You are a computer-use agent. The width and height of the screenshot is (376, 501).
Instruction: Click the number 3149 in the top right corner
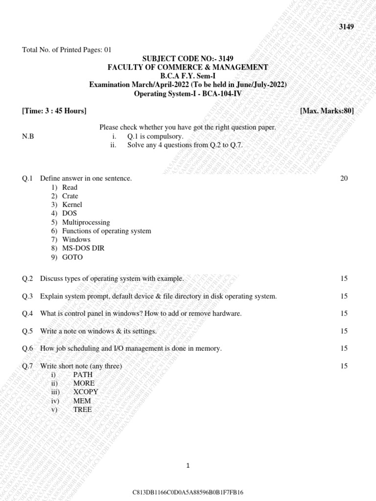346,27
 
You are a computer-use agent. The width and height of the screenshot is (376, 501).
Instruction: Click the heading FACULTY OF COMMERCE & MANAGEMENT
188,67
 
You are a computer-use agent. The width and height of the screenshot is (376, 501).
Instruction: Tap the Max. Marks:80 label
327,111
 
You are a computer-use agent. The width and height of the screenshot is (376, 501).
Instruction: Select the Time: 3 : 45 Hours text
54,111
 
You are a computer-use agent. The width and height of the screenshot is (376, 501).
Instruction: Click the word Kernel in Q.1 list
72,205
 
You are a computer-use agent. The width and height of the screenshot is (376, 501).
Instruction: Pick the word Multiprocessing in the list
86,222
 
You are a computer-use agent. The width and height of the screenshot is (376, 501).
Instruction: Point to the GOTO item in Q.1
72,257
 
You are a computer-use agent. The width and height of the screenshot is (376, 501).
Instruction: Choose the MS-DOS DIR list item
83,248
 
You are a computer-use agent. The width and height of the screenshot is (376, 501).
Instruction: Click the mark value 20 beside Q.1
344,179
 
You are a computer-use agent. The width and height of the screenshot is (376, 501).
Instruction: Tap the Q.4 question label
27,313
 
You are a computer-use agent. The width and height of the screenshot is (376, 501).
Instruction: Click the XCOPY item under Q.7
86,392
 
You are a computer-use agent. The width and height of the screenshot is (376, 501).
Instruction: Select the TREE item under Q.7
82,410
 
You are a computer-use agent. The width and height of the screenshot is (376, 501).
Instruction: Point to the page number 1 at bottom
188,466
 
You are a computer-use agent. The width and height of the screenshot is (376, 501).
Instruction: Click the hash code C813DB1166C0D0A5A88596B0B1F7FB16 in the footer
188,492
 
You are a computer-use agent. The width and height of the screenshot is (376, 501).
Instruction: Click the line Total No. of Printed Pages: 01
67,49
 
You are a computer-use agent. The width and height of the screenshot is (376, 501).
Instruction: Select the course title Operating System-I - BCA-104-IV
188,93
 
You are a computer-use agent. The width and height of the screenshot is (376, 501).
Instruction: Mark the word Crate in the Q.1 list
70,196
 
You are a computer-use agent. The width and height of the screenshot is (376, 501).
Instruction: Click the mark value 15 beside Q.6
344,348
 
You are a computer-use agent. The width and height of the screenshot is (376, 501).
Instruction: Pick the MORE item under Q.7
84,383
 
